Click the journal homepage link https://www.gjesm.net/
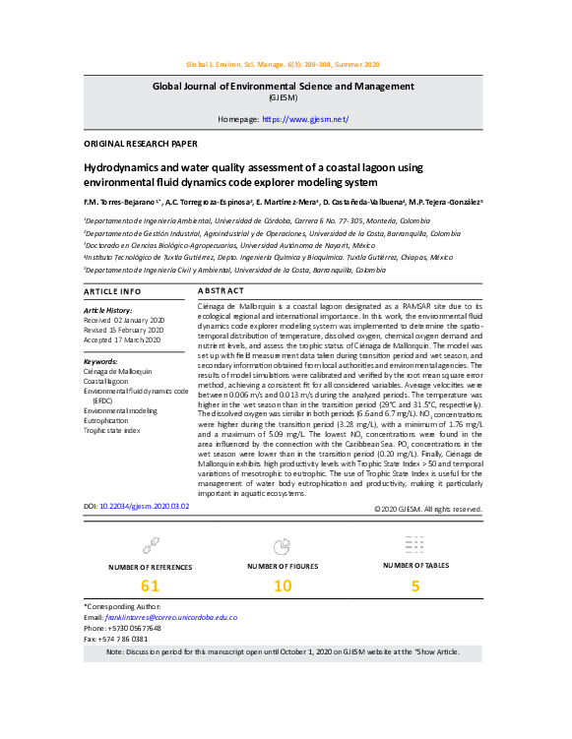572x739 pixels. [305, 119]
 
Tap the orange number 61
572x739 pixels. [150, 586]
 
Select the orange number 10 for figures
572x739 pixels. [283, 586]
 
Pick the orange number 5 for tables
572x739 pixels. [415, 586]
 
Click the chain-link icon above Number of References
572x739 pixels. [151, 544]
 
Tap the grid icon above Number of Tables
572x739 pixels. [414, 544]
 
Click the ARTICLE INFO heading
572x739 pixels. [111, 292]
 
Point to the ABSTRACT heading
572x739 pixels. [221, 292]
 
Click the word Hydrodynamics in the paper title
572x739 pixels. [127, 168]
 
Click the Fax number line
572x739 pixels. [116, 639]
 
